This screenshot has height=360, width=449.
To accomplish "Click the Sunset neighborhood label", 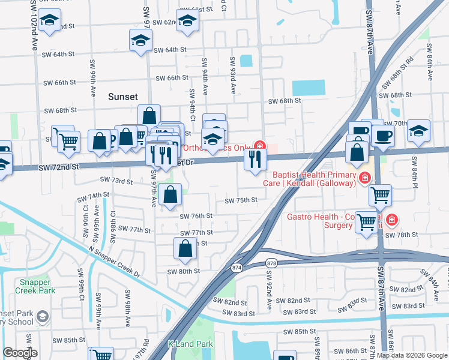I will (x=122, y=97).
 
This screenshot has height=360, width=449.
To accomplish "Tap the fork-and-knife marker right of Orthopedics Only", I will (x=255, y=159).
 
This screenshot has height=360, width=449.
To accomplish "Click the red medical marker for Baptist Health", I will (x=364, y=178).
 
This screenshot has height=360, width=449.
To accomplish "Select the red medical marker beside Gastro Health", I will (x=391, y=220).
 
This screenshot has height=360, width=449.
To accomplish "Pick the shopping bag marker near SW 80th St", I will (x=185, y=248).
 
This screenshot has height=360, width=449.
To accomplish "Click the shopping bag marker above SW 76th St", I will (x=171, y=194).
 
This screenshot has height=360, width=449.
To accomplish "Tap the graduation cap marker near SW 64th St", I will (x=141, y=41).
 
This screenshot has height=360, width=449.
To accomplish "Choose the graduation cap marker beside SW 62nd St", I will (x=188, y=23).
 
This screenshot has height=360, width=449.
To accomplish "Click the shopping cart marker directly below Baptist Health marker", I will (x=380, y=195).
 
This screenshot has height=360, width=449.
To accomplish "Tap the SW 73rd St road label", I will (x=116, y=180).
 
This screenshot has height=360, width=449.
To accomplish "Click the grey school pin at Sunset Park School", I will (x=42, y=316).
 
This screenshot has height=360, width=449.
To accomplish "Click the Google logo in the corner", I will (x=20, y=353).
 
